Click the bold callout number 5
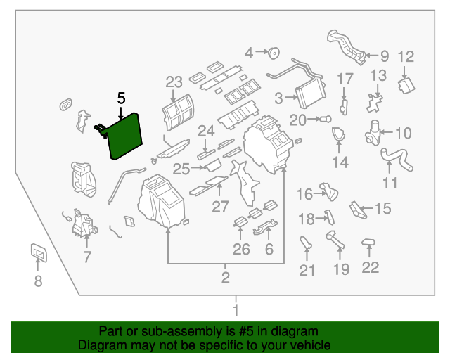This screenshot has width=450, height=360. tap(122, 99)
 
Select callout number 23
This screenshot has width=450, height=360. tap(174, 82)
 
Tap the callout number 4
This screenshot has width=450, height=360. tap(249, 52)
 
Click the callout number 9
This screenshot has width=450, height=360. tap(384, 56)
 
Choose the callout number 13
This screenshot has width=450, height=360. tap(378, 75)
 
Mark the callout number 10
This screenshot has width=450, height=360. tap(403, 133)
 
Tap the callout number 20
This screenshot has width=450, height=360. tap(298, 120)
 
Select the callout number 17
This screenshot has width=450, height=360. tap(345, 79)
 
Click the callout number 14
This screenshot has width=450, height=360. tap(340, 163)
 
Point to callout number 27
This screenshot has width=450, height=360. tap(220, 207)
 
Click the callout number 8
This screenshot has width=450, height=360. tap(38, 282)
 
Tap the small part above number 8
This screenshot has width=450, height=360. tap(38, 252)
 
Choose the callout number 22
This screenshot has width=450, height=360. tap(370, 267)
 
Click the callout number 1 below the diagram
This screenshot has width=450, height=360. tap(236, 310)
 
